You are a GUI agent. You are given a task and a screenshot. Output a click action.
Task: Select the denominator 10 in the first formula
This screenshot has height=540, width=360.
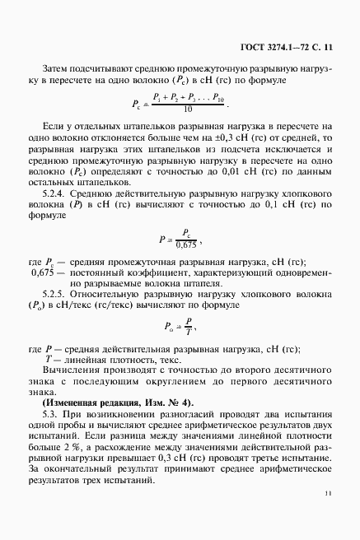(x=189, y=109)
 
